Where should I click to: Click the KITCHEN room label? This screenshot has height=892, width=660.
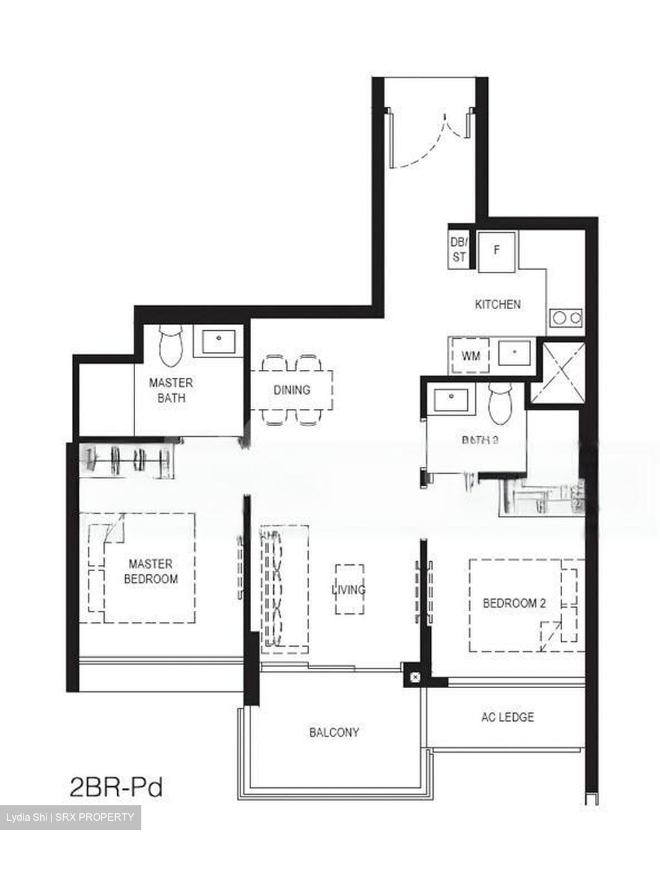coord(498,304)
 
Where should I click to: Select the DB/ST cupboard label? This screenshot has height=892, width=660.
coord(459,249)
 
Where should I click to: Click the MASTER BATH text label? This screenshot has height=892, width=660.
coord(171,391)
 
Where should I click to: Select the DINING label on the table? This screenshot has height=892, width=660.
coord(291,390)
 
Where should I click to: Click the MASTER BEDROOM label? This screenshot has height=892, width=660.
coord(151,571)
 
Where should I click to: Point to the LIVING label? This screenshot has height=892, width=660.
coord(348,589)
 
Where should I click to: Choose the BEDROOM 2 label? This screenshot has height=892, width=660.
coord(514,603)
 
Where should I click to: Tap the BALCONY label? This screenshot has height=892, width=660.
coord(334,733)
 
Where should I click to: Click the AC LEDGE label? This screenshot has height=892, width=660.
coord(508,717)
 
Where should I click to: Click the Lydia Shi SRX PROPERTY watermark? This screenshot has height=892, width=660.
coord(70,817)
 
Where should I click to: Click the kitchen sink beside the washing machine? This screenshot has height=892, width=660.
coord(514,355)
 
